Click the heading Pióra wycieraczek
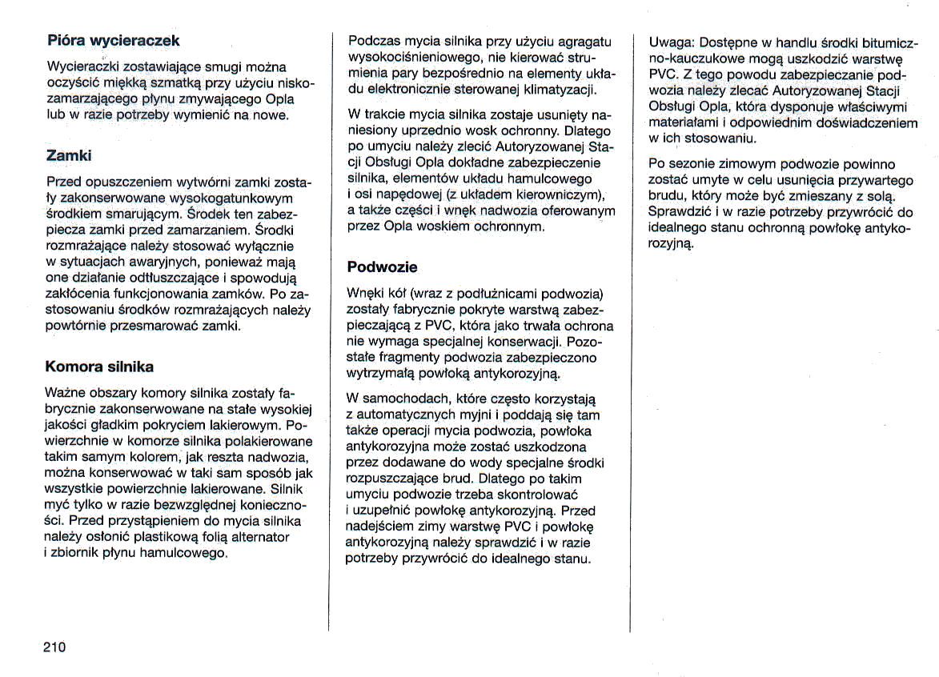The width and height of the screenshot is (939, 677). [113, 40]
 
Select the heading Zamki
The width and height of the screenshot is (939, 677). [69, 155]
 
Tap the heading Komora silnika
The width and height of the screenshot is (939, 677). [99, 367]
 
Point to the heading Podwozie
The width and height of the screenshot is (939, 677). [383, 266]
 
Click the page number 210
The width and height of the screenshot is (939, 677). [54, 647]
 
